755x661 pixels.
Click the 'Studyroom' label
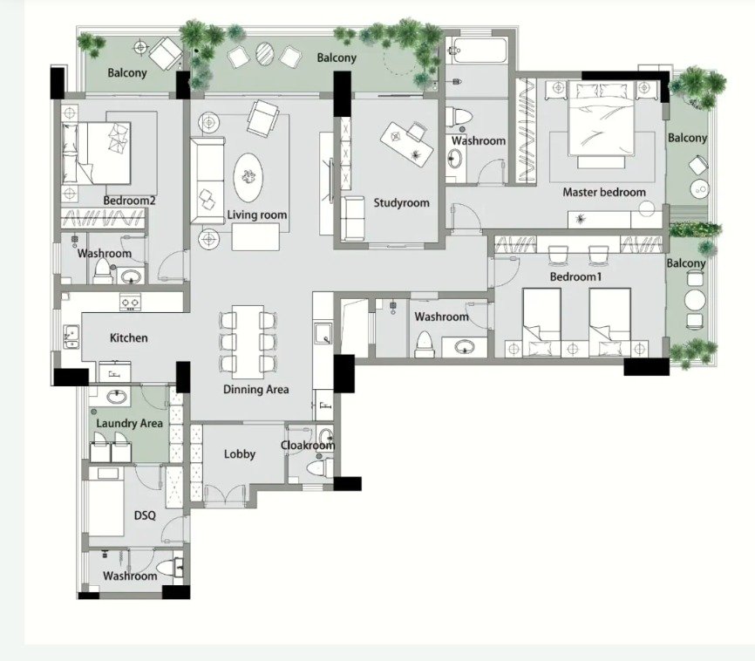click(x=402, y=203)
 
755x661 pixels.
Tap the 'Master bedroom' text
click(x=604, y=192)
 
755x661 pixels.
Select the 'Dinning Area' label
click(x=256, y=389)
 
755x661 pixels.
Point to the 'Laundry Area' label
click(x=130, y=424)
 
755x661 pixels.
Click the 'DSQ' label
click(x=145, y=515)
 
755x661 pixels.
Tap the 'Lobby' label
click(x=240, y=453)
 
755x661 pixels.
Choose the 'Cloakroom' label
click(x=308, y=445)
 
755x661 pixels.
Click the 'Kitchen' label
click(x=128, y=337)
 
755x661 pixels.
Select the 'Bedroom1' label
click(x=576, y=277)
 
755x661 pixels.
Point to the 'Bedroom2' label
click(x=130, y=201)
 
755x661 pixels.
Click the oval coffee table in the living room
click(x=248, y=177)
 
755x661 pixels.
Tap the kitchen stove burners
click(x=130, y=302)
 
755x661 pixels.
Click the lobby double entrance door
click(x=225, y=495)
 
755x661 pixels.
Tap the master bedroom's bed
click(x=601, y=119)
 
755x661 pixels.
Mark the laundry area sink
click(x=117, y=397)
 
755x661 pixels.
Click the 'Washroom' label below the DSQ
click(x=130, y=576)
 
